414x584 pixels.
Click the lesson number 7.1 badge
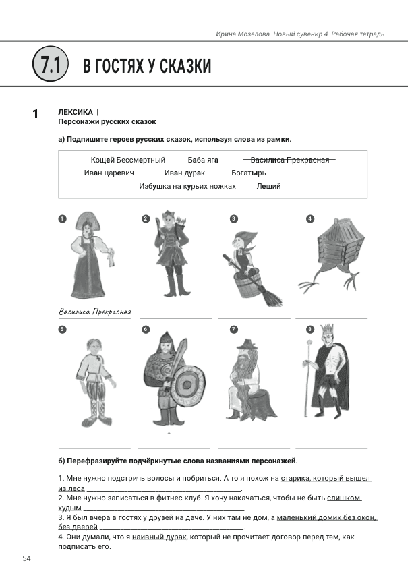(x=50, y=65)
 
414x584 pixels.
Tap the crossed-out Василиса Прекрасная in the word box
(x=290, y=160)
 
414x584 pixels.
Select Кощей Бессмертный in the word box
(x=128, y=160)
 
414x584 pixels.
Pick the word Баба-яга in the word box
(x=204, y=160)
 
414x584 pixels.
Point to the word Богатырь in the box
(x=249, y=173)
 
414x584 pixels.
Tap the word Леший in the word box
(x=269, y=186)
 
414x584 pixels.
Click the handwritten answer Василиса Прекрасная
(x=94, y=312)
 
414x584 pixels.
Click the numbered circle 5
(x=62, y=330)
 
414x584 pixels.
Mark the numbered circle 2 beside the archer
(x=145, y=218)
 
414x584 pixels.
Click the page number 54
(x=27, y=558)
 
